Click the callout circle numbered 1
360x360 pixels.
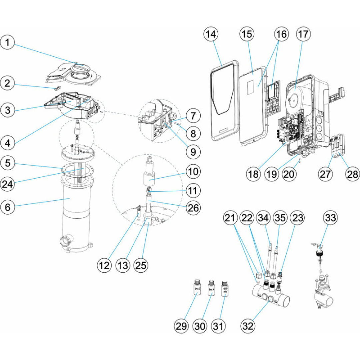(10, 43)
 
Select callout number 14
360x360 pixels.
(211, 34)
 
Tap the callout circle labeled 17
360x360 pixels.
(304, 34)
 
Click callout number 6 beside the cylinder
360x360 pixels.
(10, 207)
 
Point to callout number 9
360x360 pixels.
(193, 152)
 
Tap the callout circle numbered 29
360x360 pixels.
(182, 326)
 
